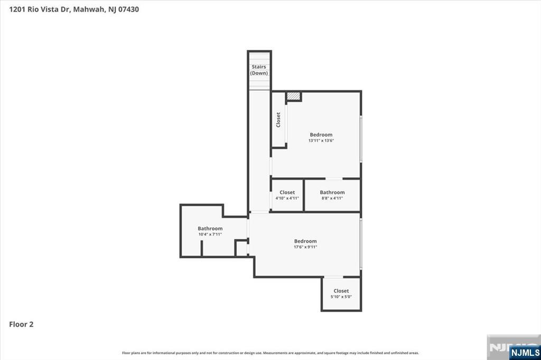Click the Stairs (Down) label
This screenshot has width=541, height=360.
(259, 70)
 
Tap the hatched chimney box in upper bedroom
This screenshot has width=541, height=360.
(293, 97)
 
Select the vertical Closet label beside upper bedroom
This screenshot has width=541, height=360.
(278, 120)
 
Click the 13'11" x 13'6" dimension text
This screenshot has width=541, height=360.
(321, 141)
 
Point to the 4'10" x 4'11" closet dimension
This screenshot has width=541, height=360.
(287, 198)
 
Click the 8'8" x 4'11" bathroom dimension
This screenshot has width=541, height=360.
(332, 198)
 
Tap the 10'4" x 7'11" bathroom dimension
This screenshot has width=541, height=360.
(210, 234)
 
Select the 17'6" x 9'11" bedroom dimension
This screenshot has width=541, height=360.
(305, 247)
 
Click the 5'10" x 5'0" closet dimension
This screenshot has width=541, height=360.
(341, 297)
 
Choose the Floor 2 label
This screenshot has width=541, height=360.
(21, 325)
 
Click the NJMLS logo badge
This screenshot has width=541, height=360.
(524, 352)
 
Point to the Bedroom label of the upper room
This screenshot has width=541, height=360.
(321, 135)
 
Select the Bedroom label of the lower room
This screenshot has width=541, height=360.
(305, 241)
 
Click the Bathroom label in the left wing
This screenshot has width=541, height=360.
(210, 229)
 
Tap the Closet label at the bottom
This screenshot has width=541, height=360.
(341, 291)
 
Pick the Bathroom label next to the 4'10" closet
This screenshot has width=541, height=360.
(332, 192)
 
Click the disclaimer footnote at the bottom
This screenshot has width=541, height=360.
(270, 353)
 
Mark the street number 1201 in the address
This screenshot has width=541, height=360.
(17, 9)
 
